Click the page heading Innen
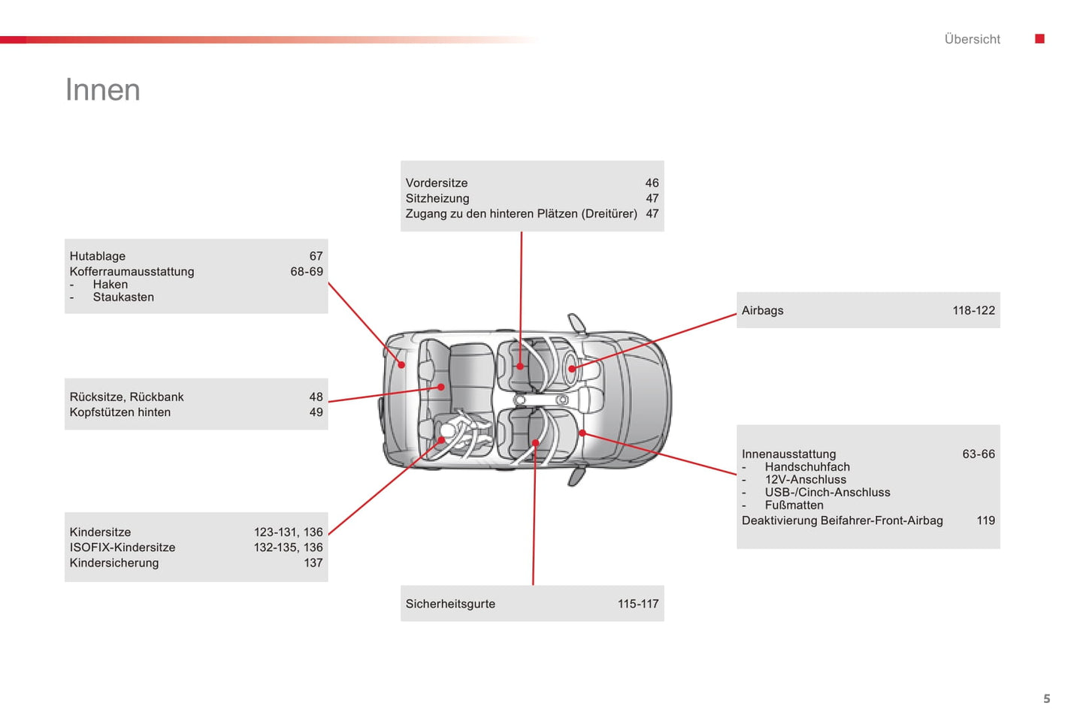click(x=103, y=90)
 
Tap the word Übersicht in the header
click(x=972, y=39)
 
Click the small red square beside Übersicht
click(x=1039, y=39)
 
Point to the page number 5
click(x=1046, y=698)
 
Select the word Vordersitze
click(x=437, y=183)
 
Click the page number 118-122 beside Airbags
click(x=973, y=311)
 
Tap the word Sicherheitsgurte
click(x=450, y=604)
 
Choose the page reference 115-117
click(x=638, y=604)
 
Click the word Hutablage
click(x=98, y=256)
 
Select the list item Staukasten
click(x=123, y=297)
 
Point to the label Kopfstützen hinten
click(x=120, y=412)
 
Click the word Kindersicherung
click(x=114, y=563)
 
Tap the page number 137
click(x=313, y=563)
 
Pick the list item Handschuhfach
click(x=807, y=467)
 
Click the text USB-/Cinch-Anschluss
click(x=827, y=493)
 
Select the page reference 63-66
click(x=979, y=454)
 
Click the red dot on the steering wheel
click(x=572, y=369)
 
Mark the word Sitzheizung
click(x=437, y=199)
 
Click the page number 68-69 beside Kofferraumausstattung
click(x=307, y=272)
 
